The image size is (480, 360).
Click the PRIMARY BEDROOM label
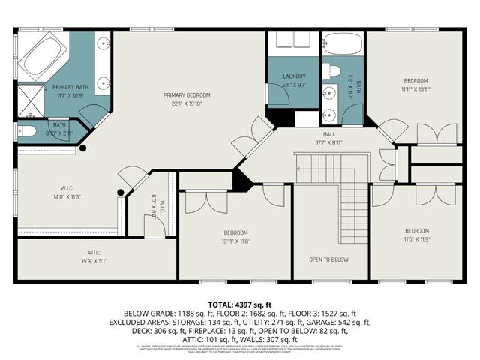pyautogui.click(x=187, y=95)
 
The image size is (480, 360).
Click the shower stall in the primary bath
pyautogui.click(x=31, y=95)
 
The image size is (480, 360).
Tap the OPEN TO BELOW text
pyautogui.click(x=329, y=259)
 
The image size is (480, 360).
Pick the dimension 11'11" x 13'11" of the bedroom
pyautogui.click(x=415, y=88)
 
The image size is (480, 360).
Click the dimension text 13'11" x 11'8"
pyautogui.click(x=235, y=241)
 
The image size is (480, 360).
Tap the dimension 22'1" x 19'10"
pyautogui.click(x=187, y=103)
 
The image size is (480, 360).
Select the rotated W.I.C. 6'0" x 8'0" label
pyautogui.click(x=155, y=205)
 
